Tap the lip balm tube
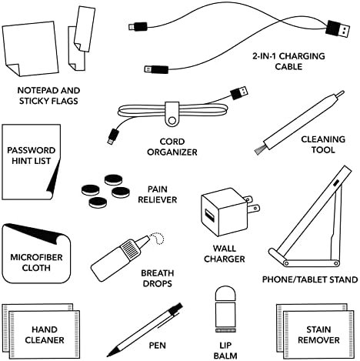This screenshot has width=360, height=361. click(x=225, y=309)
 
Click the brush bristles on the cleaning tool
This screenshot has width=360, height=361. click(x=260, y=150)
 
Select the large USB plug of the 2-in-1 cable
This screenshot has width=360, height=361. click(x=338, y=29)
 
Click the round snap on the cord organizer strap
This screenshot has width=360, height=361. click(x=172, y=120)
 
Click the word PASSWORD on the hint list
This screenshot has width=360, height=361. click(x=31, y=150)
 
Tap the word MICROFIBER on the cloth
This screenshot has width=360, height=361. click(x=36, y=257)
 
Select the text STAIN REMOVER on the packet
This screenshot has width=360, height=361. click(x=318, y=335)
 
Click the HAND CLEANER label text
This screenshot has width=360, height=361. click(x=45, y=335)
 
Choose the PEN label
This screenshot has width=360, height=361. click(x=158, y=346)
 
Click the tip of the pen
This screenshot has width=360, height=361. click(x=108, y=356)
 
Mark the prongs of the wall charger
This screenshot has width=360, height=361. click(x=252, y=204)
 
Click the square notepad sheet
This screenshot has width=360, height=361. click(x=30, y=48)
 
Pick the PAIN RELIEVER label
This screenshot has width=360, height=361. click(x=158, y=195)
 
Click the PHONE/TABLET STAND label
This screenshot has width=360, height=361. click(x=310, y=279)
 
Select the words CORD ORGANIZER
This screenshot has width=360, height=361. click(x=172, y=147)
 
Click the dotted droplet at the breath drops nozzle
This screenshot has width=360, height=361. click(x=157, y=239)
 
